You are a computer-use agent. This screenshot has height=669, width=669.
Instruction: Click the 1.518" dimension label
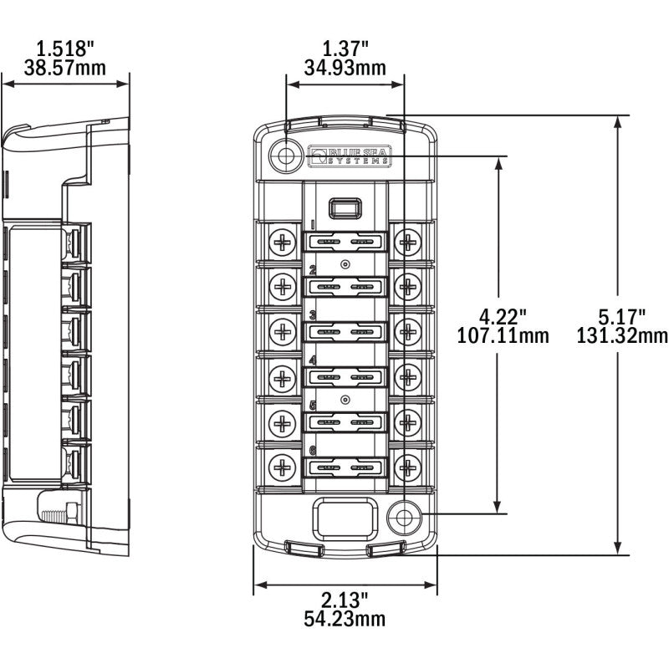[65, 49]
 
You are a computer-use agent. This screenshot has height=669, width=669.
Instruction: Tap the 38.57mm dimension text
[65, 67]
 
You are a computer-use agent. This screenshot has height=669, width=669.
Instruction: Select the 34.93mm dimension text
[345, 67]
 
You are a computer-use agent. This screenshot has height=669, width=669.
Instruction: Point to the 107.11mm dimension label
[503, 336]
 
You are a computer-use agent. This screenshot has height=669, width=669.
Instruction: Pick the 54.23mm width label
[345, 619]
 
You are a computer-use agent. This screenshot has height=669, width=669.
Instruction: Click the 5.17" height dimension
[623, 317]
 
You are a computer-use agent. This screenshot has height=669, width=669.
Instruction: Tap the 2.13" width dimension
[345, 600]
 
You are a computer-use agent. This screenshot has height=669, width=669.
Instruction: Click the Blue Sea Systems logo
[349, 156]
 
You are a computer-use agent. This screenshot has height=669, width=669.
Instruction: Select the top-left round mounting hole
[286, 156]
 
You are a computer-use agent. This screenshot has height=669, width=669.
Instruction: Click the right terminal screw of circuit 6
[408, 465]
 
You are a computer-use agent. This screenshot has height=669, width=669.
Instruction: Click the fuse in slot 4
[345, 376]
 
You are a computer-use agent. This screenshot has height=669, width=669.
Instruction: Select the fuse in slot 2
[345, 287]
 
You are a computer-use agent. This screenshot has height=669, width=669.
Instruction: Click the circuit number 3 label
[313, 315]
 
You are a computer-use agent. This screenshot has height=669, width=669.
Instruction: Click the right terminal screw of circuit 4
[408, 377]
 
